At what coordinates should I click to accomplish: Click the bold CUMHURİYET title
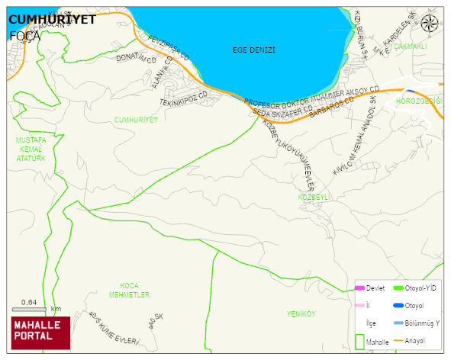coord(52,20)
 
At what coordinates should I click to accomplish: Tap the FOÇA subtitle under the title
coord(24,35)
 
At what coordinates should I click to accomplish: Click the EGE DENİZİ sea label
coord(253,50)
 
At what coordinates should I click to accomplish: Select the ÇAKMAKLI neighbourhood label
coord(410,47)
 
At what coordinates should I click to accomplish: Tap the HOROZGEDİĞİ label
coord(420,101)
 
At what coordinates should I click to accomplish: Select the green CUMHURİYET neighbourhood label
coord(136,121)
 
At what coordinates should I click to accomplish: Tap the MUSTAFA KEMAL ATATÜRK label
coord(31,149)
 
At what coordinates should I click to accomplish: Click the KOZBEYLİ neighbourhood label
coord(312,197)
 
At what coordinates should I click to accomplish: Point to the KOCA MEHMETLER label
coord(129,290)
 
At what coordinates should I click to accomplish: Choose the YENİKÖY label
coord(301,313)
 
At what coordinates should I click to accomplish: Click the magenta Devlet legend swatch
coord(359,288)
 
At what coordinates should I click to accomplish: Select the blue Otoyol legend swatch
coord(398,306)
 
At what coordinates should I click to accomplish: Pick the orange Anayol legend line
coord(398,340)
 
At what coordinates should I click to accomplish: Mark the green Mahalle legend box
coord(359,342)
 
